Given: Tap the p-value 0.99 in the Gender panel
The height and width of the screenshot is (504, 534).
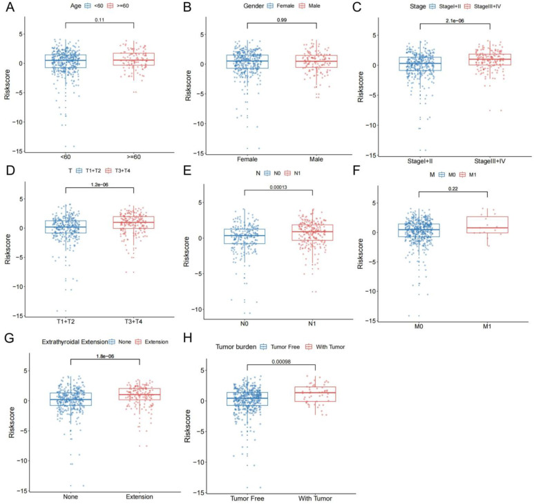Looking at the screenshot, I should pos(281,20).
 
